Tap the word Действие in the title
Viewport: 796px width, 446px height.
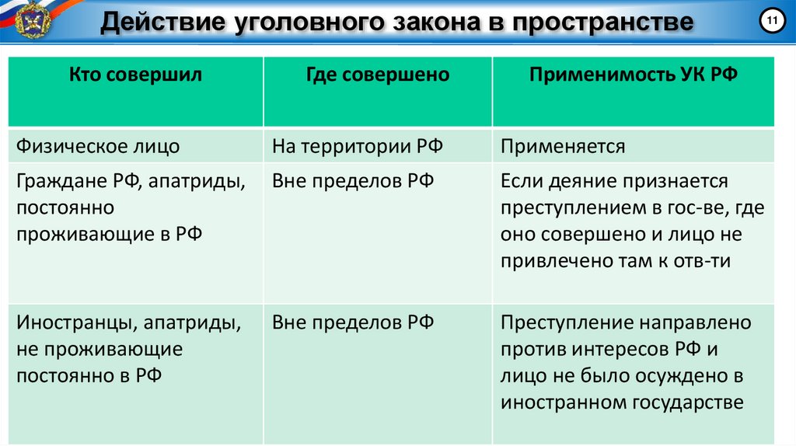coord(155,23)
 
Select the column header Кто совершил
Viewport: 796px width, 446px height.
coord(135,75)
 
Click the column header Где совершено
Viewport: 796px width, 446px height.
coord(377,75)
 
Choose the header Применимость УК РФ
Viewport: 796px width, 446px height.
coord(633,75)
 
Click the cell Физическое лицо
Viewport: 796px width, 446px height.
coord(98,146)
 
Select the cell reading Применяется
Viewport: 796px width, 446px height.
coord(563,146)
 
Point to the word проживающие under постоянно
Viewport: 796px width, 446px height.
coord(86,235)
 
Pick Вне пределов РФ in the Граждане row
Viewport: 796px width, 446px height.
coord(353,182)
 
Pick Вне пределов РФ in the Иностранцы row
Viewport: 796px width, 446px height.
coord(353,322)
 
